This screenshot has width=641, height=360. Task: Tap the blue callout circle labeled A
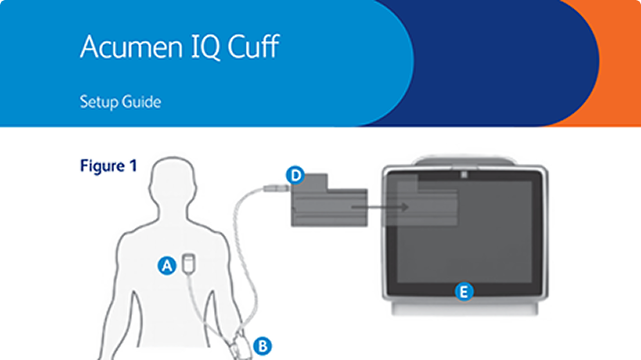(x=166, y=264)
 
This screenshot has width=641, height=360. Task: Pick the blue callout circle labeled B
(x=262, y=345)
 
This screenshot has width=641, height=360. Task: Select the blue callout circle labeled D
(x=296, y=176)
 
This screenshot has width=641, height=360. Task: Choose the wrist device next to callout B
(x=242, y=345)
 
